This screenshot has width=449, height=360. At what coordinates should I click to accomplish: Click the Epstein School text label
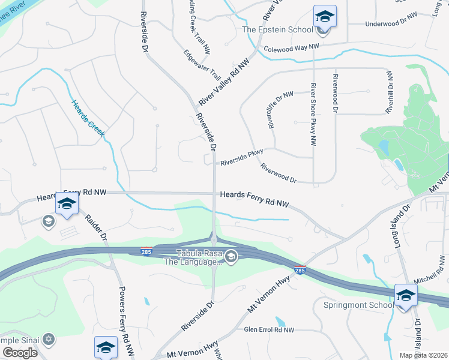coord(277,29)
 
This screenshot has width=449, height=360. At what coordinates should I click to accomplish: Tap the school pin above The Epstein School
coord(325,17)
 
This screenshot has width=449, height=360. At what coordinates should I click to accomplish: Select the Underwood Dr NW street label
coord(391,23)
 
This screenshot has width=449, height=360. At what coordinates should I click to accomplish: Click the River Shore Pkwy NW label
coord(313,115)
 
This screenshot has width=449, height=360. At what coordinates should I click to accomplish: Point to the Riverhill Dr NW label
coord(390,92)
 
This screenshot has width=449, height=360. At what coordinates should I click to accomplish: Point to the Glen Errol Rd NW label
coord(269,329)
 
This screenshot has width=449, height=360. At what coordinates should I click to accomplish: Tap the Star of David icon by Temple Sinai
coord(48,340)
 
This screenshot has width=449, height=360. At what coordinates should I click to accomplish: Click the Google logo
coord(20,352)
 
